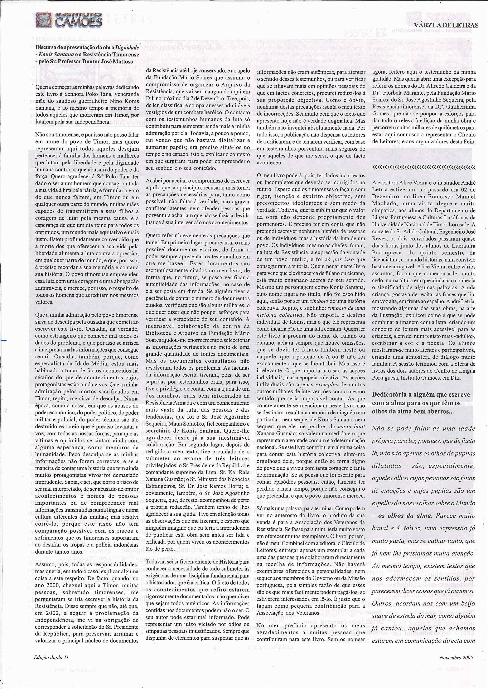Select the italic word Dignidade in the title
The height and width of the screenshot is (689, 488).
(127, 48)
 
